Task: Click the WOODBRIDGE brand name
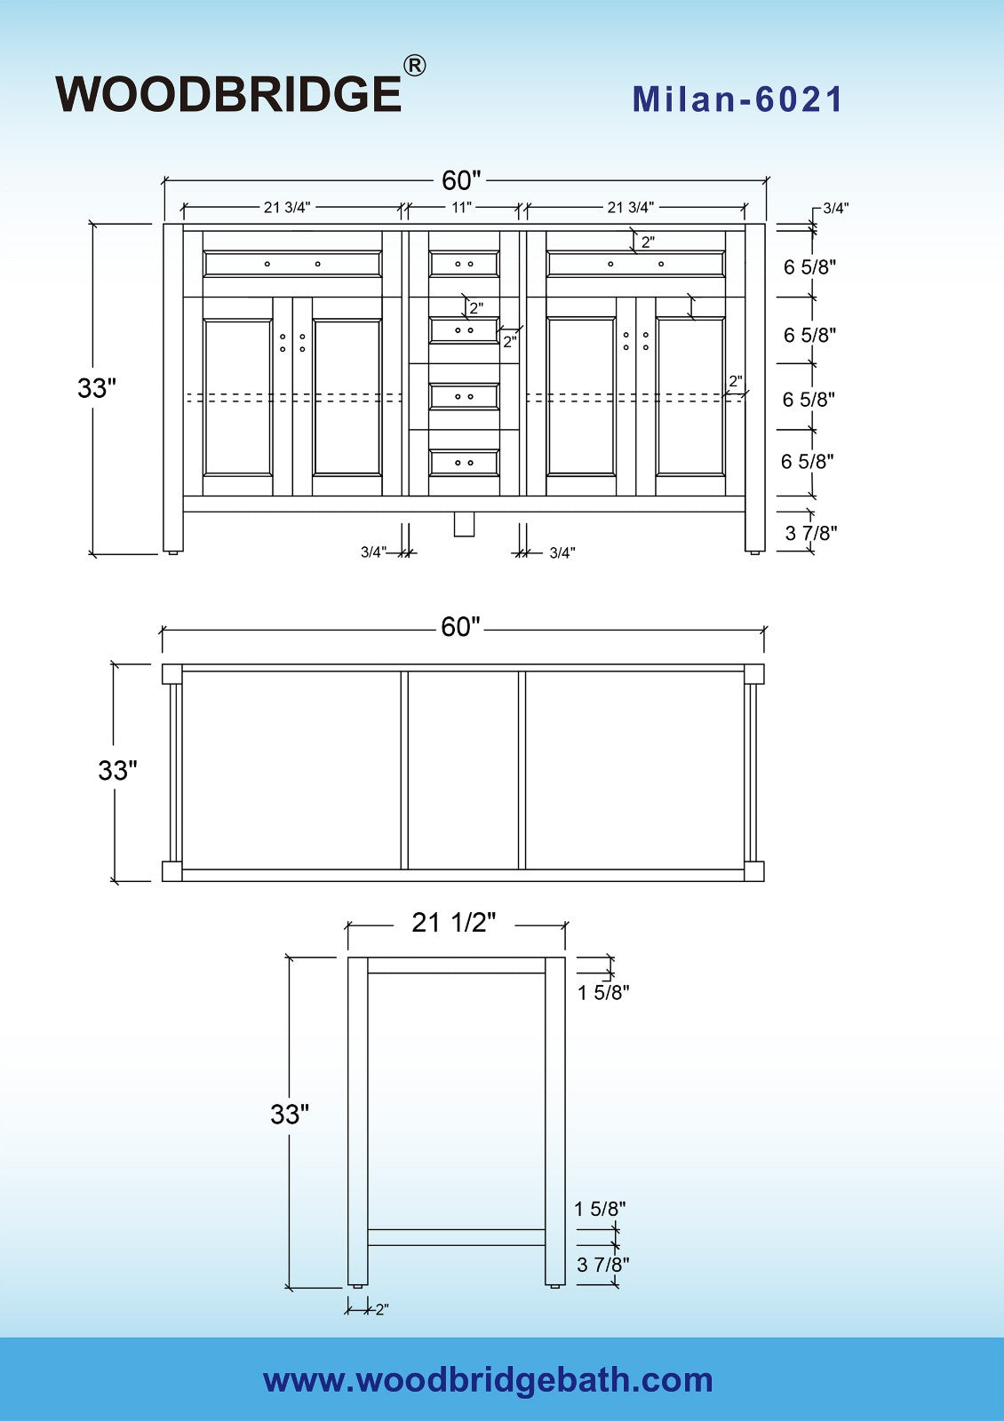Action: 228,94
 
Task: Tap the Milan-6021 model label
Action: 737,99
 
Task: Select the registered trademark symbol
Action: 414,66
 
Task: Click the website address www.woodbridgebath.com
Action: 488,1380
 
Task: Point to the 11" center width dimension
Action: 461,208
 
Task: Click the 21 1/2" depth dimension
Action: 453,923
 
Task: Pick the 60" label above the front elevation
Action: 461,180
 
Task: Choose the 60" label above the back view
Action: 460,627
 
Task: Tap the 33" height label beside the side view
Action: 290,1114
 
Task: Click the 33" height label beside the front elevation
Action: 97,388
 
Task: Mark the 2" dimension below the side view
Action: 381,1309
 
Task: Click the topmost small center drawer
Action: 464,264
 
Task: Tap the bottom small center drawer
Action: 464,463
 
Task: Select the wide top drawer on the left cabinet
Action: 292,264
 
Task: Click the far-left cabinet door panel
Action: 237,397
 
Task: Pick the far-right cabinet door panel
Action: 690,397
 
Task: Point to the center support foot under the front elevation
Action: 464,524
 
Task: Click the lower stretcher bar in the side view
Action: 456,1237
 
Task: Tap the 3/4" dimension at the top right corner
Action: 835,209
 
